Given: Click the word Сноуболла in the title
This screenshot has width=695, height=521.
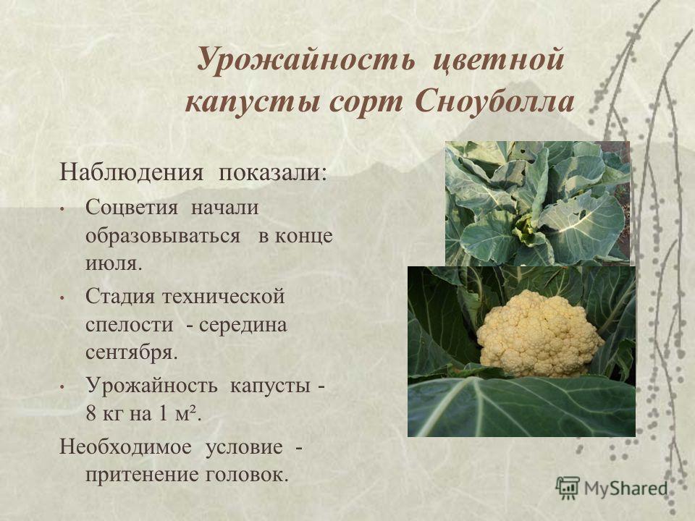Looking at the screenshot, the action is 495,101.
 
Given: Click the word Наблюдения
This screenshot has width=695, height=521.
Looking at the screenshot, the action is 131,172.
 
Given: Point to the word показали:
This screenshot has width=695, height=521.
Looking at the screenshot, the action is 272,172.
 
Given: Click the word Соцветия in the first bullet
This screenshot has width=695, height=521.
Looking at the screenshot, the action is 132,208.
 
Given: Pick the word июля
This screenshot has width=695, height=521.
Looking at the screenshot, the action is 114,263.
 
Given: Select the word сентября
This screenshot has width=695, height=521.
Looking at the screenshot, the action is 131,352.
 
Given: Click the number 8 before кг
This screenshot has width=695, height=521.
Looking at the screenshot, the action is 91,414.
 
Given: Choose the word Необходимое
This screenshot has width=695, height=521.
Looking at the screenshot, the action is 125,446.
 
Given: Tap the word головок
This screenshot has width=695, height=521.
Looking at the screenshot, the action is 247,475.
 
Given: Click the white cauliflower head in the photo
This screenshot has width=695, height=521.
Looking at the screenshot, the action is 539,334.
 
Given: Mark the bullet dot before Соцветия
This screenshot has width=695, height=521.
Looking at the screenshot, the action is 62,209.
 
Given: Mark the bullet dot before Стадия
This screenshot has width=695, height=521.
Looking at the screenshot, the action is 62,298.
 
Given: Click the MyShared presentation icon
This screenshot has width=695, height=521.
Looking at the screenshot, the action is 568,488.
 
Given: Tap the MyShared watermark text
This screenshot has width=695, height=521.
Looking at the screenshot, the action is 625,488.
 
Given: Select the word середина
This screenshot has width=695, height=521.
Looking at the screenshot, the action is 243,326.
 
